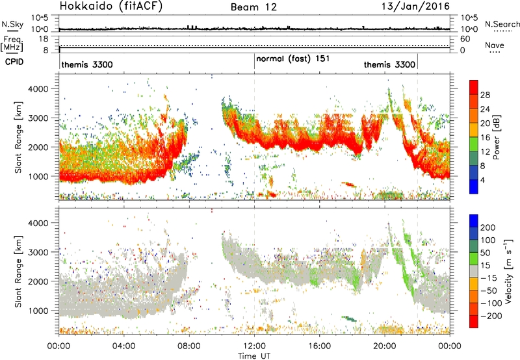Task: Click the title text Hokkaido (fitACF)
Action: pos(111,6)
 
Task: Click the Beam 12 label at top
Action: pos(253,7)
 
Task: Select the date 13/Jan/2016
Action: pos(415,6)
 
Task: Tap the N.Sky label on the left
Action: pos(12,24)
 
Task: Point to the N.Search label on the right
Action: pos(502,24)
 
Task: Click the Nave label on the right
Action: pos(495,45)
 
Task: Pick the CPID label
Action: pos(14,62)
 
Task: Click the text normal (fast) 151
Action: pos(293,58)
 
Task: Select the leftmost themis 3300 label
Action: pos(87,64)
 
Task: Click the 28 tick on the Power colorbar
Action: pos(485,95)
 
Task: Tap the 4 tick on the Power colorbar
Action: pos(482,181)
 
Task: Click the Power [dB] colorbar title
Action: pos(496,137)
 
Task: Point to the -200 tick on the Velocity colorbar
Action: pos(491,316)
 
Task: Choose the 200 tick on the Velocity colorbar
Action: pos(488,227)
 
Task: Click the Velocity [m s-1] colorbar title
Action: pos(508,271)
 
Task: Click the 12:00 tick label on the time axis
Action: pos(254,346)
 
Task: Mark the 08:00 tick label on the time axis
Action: pos(189,346)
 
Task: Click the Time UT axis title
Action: pos(254,355)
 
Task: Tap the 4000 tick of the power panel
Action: pos(38,89)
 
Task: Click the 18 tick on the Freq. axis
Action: pos(43,39)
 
